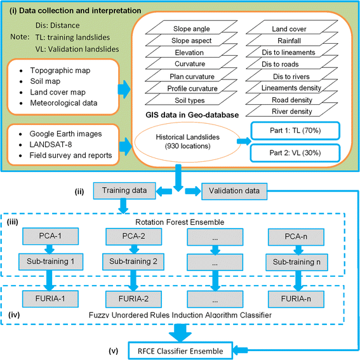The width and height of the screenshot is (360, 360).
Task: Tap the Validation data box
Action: (233, 189)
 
